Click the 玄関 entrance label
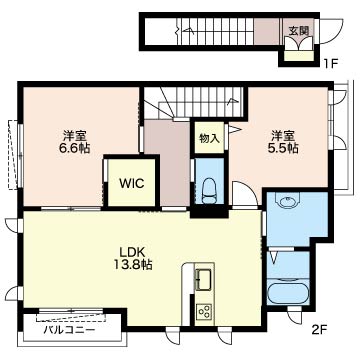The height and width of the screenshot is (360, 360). (x=298, y=30)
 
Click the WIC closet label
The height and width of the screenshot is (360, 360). (x=132, y=183)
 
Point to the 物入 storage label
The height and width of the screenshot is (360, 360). (x=209, y=138)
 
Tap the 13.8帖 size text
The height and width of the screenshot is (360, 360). (x=132, y=264)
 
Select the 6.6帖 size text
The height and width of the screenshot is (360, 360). (x=75, y=148)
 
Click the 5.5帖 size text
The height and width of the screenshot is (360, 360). (x=283, y=148)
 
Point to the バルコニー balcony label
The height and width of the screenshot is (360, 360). (x=70, y=331)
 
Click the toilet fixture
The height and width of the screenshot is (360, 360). (x=209, y=191)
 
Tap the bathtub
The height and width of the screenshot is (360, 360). (x=288, y=294)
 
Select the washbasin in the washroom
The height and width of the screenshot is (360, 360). (x=288, y=200)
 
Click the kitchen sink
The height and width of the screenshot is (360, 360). (x=204, y=279)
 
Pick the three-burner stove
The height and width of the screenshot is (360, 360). (x=204, y=311)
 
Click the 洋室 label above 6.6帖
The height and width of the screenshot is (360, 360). (x=75, y=136)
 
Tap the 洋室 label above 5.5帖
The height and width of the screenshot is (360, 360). (x=283, y=136)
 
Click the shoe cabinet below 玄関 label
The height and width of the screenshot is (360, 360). (x=299, y=56)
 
